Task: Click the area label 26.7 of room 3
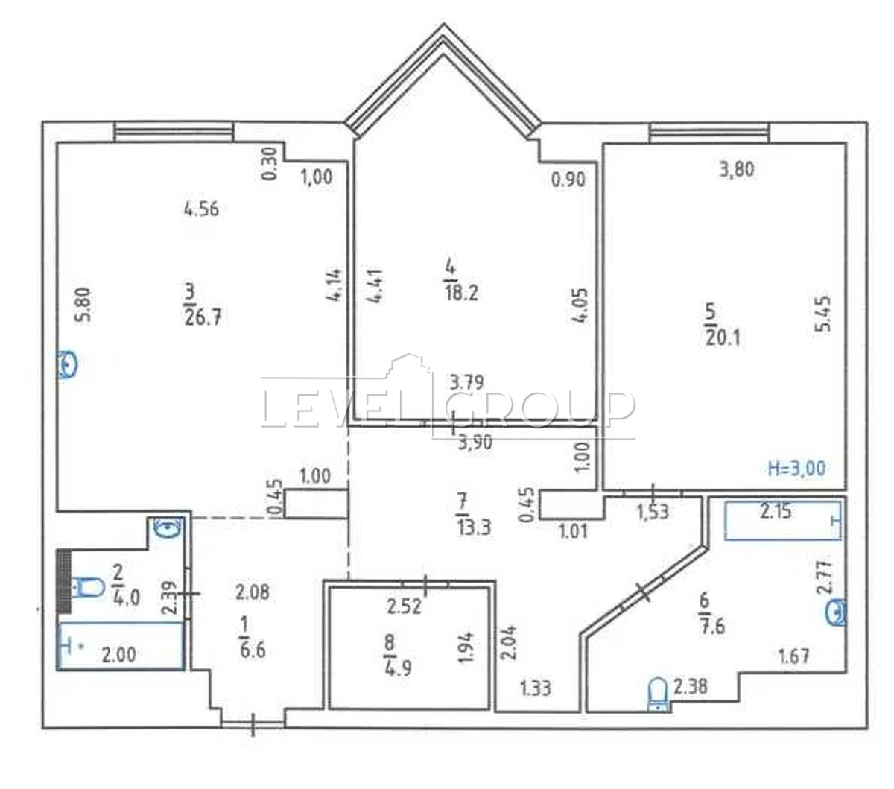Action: (x=203, y=317)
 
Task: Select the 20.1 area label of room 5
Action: (x=723, y=338)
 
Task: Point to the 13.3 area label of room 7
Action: (x=474, y=527)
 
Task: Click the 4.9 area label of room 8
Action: (x=397, y=668)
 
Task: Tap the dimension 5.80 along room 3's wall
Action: (x=84, y=305)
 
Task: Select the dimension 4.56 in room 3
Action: (x=200, y=209)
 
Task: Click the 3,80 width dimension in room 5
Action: (x=737, y=170)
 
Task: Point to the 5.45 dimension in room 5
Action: (x=823, y=314)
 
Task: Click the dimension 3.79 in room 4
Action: (x=466, y=381)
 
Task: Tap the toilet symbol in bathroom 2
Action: (x=88, y=587)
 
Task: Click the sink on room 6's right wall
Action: (x=836, y=612)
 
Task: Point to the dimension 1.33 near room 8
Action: (x=536, y=688)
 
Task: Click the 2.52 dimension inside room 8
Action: (x=405, y=607)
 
